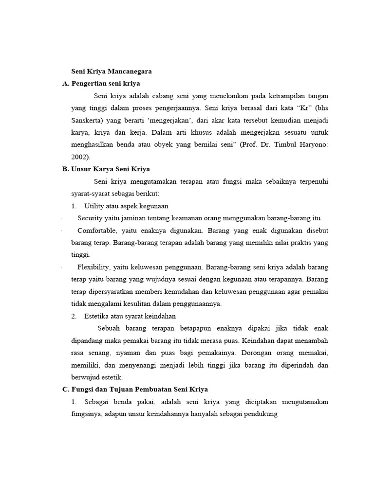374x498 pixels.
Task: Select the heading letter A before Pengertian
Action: (x=65, y=84)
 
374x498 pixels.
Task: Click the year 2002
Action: (x=79, y=157)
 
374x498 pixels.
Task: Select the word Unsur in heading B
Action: (x=82, y=169)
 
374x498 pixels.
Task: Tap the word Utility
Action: (x=95, y=206)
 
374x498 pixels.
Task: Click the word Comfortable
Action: (x=97, y=230)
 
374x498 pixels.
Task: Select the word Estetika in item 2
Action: (x=97, y=316)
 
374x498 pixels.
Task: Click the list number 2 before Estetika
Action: (x=74, y=316)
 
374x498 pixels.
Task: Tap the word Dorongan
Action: (x=263, y=353)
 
